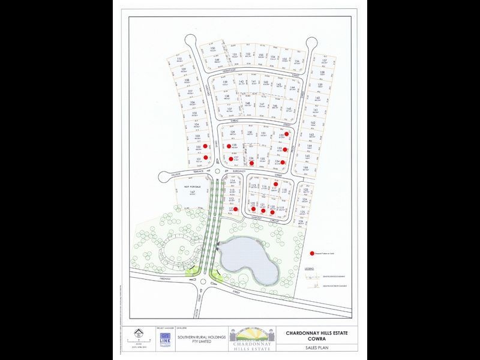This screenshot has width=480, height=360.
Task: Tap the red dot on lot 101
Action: (x=206, y=157)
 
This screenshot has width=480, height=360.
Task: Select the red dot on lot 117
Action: (x=275, y=184)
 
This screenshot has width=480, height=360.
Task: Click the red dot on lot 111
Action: (x=236, y=209)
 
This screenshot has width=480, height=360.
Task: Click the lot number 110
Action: (x=180, y=59)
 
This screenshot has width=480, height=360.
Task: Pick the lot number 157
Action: (x=324, y=61)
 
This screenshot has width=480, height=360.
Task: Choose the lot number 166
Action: (x=305, y=168)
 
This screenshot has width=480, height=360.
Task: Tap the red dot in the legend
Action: (x=312, y=254)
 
